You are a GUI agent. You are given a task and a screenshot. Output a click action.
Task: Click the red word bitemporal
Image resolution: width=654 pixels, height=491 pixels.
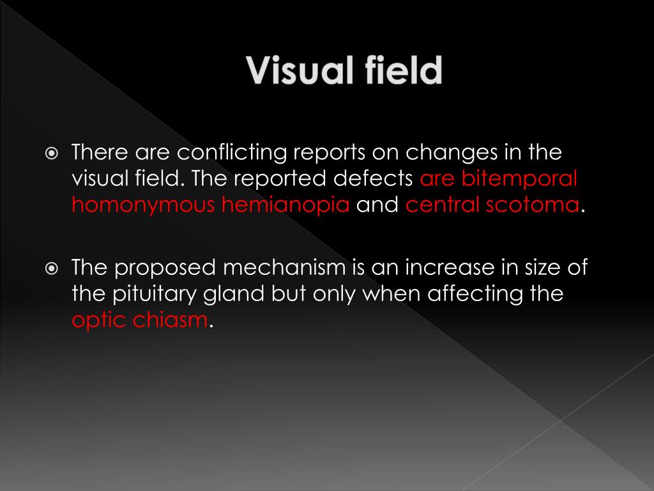519,179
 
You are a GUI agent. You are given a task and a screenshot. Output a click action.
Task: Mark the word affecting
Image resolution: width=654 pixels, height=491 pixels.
473,295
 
